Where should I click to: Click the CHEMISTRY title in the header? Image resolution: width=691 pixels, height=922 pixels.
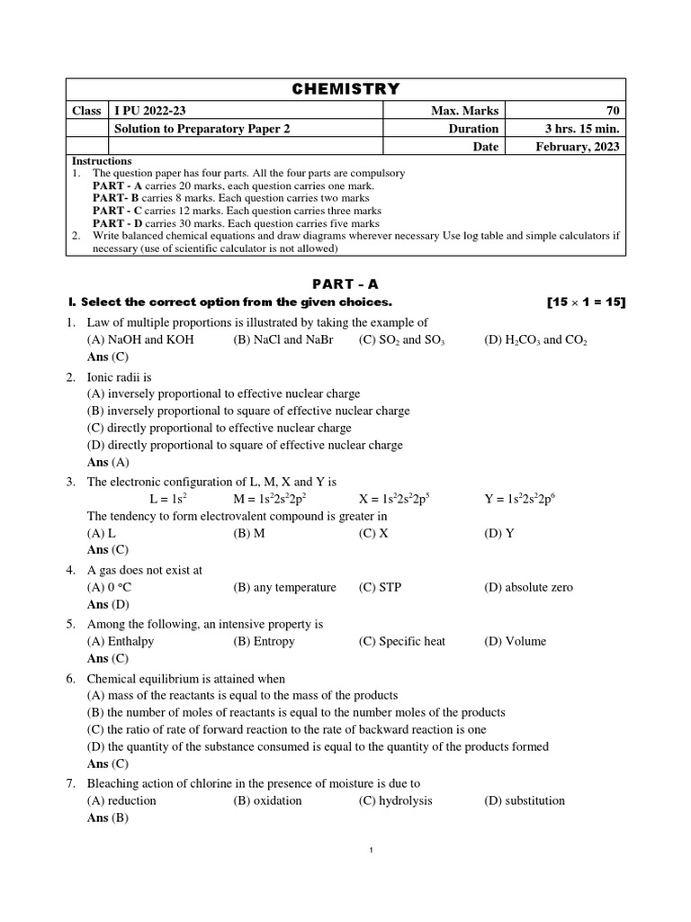(345, 88)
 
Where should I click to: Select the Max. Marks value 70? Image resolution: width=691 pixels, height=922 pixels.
(613, 110)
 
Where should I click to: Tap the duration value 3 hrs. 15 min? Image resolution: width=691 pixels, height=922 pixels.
(577, 129)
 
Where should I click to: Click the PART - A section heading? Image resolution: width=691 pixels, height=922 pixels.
(345, 284)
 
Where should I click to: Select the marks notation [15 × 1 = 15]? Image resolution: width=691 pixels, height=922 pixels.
(586, 302)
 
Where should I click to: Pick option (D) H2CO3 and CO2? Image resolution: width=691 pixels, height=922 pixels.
(535, 340)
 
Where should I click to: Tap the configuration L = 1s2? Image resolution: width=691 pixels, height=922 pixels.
(168, 499)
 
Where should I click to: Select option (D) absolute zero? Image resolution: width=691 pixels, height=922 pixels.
(528, 587)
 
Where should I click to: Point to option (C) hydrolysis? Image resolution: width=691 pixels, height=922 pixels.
(396, 800)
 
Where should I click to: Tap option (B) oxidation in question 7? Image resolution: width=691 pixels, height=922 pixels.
(267, 800)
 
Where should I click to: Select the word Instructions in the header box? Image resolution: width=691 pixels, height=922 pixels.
(102, 160)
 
